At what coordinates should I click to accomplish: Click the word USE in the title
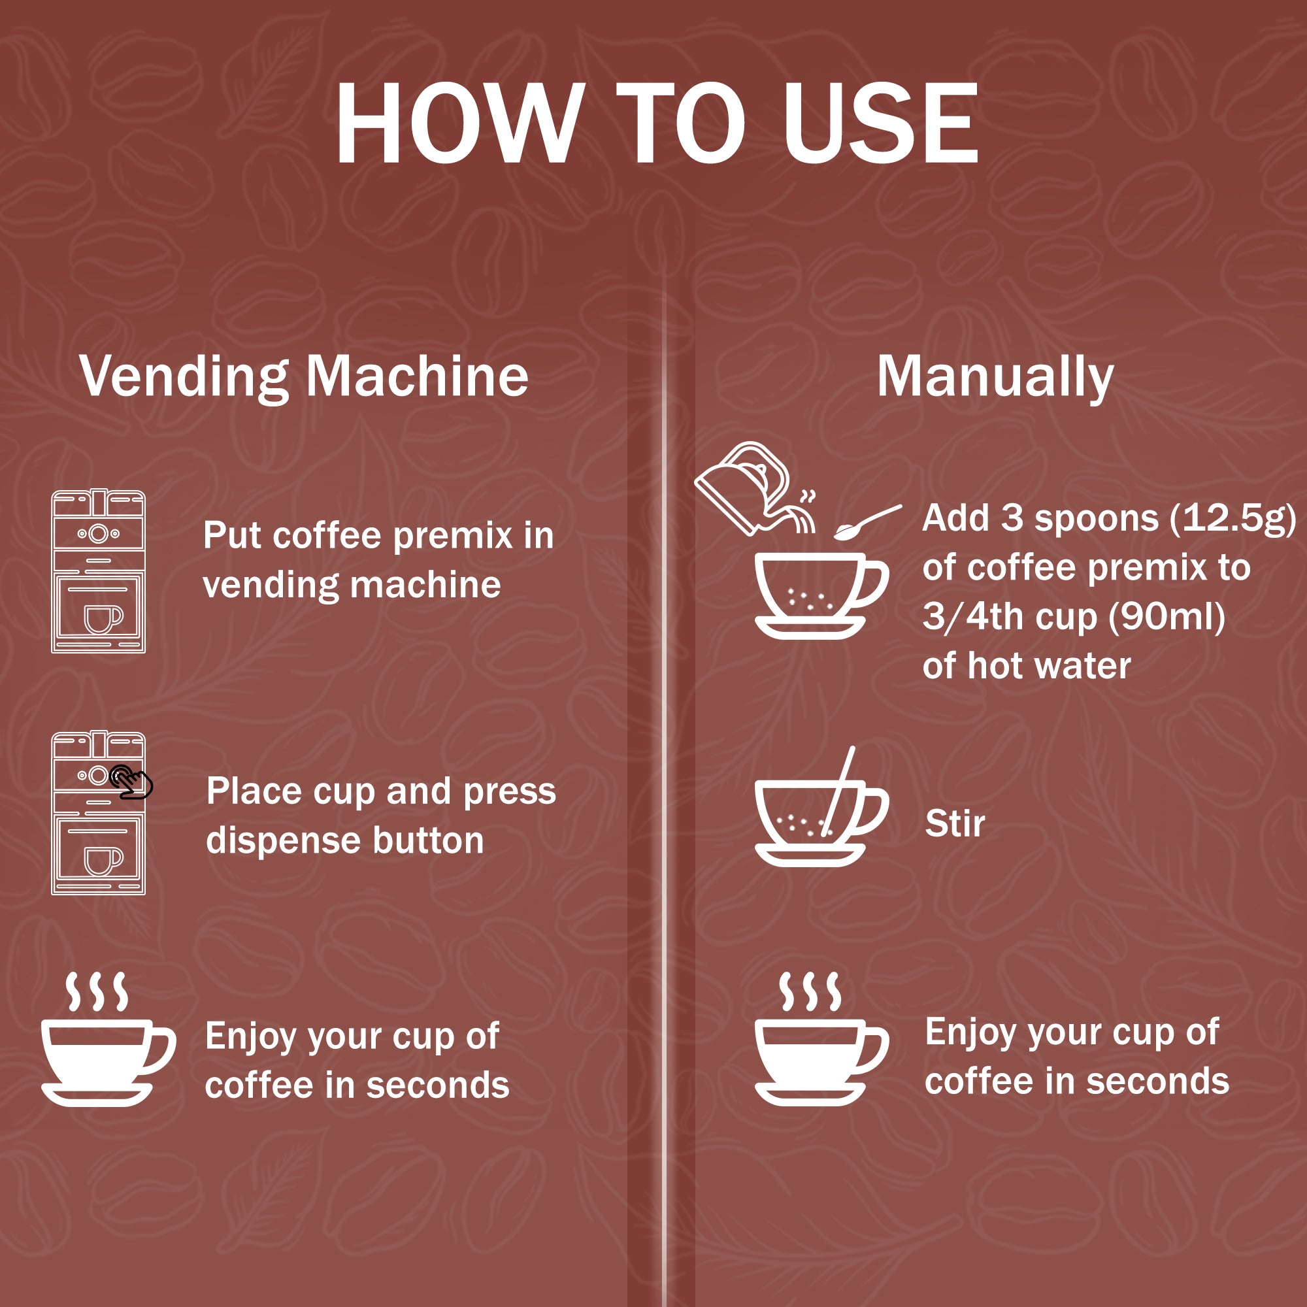tap(880, 123)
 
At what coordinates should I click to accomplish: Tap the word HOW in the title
tap(460, 123)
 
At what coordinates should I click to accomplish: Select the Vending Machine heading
tap(304, 376)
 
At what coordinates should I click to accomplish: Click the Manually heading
tap(995, 376)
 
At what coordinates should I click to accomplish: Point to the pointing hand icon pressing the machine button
tap(132, 783)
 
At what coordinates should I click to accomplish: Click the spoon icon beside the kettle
tap(867, 522)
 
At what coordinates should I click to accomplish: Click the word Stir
tap(955, 824)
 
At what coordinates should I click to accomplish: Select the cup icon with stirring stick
tap(819, 815)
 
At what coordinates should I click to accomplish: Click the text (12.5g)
tap(1233, 519)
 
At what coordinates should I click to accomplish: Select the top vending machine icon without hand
tap(99, 572)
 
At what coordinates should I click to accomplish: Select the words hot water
tap(1048, 667)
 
